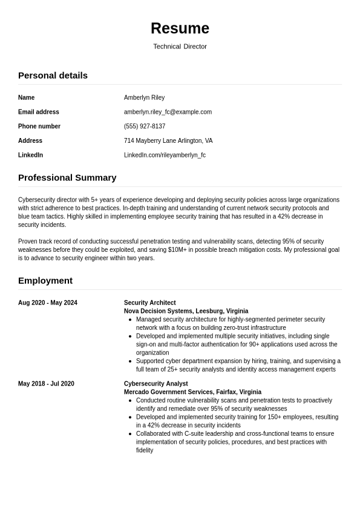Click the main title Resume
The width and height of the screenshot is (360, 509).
pos(180,28)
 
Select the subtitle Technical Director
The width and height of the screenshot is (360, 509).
pos(180,47)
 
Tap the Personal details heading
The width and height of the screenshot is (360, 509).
pos(53,76)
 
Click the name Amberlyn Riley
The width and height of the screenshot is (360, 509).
pos(144,97)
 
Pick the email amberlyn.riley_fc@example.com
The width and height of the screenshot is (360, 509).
pos(168,112)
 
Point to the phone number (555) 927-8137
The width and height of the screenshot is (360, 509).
pos(145,126)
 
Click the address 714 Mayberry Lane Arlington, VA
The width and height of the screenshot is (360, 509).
pos(168,141)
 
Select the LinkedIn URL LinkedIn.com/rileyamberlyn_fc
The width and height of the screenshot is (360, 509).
pos(165,156)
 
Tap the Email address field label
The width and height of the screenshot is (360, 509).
pos(39,112)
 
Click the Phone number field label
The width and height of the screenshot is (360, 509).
pos(39,126)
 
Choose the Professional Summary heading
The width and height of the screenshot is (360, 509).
pos(67,178)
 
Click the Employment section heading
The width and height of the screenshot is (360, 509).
pos(45,281)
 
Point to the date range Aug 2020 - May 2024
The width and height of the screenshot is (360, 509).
pos(48,303)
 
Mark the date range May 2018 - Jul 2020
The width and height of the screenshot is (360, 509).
pos(46,384)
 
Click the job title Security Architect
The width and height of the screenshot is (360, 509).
pos(150,303)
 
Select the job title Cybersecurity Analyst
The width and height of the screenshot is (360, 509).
pos(156,384)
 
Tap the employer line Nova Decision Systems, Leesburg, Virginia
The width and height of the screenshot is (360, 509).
pos(186,311)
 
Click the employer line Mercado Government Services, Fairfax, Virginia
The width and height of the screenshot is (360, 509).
pos(192,392)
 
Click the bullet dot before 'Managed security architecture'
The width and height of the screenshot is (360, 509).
pos(131,320)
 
